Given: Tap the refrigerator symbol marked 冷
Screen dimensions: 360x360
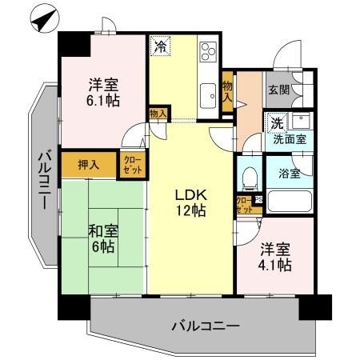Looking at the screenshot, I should click(161, 47).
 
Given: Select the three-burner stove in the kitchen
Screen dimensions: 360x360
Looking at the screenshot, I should click(207, 52).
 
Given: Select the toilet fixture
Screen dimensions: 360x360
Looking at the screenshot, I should click(249, 174).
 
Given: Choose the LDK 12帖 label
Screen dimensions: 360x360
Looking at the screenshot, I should click(190, 203).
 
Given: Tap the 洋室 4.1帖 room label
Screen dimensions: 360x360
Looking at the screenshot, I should click(274, 257).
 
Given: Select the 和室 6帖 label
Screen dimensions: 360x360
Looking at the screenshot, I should click(102, 237).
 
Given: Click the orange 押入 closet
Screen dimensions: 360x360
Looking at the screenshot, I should click(89, 165).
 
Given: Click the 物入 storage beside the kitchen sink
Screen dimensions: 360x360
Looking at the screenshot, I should click(227, 90).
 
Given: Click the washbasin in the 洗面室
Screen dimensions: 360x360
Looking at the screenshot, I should click(303, 123).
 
